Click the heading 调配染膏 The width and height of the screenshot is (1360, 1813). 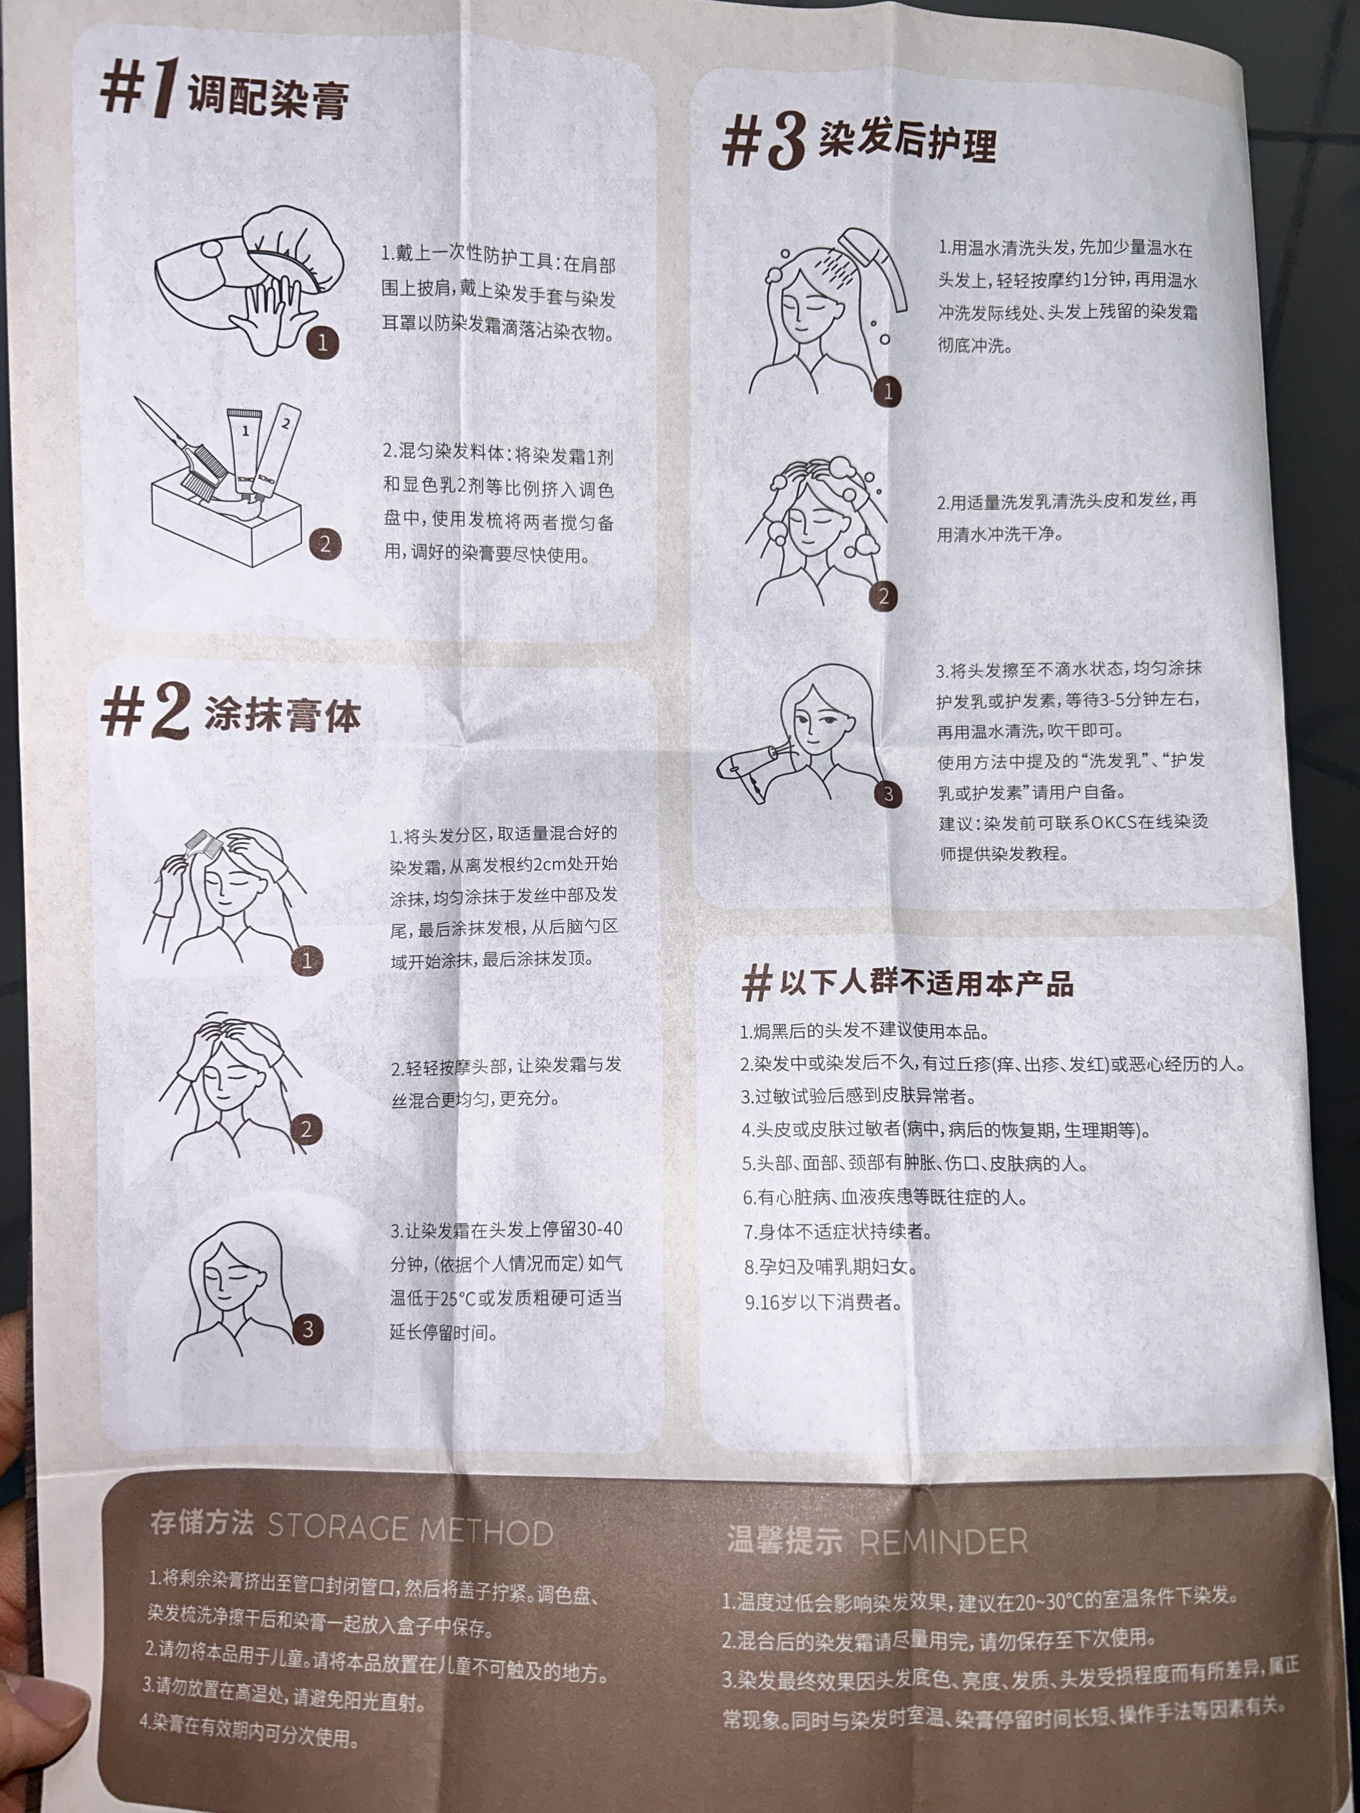pyautogui.click(x=268, y=97)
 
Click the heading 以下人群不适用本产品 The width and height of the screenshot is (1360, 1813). pyautogui.click(x=926, y=982)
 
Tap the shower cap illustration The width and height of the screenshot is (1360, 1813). pyautogui.click(x=293, y=244)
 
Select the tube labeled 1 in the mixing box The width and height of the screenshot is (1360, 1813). pyautogui.click(x=245, y=452)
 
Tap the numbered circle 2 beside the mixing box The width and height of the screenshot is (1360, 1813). pyautogui.click(x=325, y=543)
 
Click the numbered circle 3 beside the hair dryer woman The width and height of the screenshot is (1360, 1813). pyautogui.click(x=888, y=793)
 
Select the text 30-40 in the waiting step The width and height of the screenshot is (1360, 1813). pyautogui.click(x=600, y=1229)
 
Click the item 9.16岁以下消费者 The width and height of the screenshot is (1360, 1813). pyautogui.click(x=822, y=1302)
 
